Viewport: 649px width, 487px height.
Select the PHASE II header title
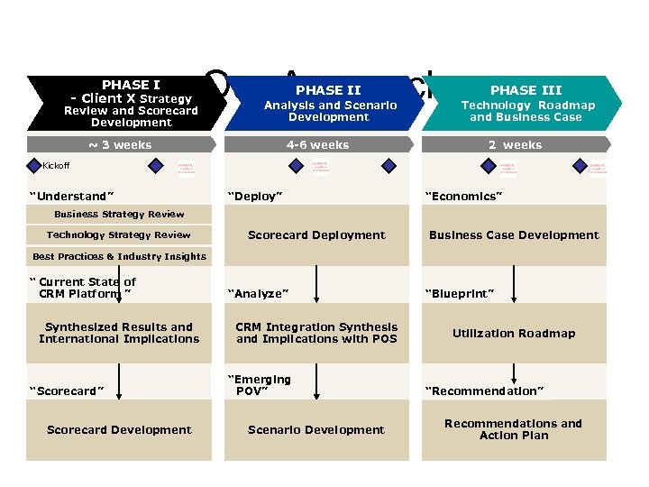click(x=328, y=90)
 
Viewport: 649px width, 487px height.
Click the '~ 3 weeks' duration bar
click(x=120, y=144)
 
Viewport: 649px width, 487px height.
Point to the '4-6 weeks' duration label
click(x=317, y=144)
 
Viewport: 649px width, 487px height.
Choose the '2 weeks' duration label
click(x=515, y=144)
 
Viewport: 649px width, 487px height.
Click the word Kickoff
click(x=55, y=165)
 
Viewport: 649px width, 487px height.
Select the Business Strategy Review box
click(x=119, y=215)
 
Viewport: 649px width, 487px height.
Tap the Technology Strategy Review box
click(x=119, y=235)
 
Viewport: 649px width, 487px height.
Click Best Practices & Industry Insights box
click(x=119, y=256)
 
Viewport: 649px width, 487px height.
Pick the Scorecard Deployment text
click(x=316, y=235)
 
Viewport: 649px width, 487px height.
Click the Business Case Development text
click(x=514, y=235)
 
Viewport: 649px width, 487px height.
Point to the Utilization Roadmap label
click(x=514, y=333)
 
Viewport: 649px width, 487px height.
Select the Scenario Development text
click(x=316, y=430)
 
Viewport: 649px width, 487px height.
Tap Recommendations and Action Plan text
click(x=514, y=429)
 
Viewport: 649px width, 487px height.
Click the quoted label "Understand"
click(x=71, y=196)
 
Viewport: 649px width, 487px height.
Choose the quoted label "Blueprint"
click(x=460, y=293)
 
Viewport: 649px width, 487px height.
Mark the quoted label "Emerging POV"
click(x=260, y=385)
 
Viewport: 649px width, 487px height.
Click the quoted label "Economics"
click(x=463, y=196)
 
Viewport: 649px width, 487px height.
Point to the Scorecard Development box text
click(x=119, y=430)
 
